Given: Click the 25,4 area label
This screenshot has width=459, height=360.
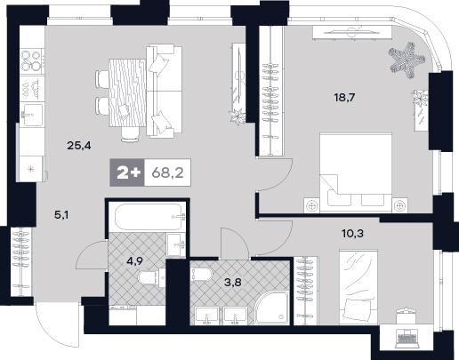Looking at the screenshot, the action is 79,146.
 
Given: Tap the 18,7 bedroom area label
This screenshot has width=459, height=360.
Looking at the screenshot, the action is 344,97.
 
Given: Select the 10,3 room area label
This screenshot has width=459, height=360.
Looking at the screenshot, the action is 352,234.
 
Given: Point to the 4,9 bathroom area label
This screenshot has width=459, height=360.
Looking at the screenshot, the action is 134,261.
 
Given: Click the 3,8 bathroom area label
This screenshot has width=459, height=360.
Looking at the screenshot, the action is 233,282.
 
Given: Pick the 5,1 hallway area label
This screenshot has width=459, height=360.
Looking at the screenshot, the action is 61,215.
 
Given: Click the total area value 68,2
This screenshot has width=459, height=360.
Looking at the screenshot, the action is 167,172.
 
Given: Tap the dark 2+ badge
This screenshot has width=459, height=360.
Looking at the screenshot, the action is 127,172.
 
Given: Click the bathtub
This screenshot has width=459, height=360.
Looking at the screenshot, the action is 149,217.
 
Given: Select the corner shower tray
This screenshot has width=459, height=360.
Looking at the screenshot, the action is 272,308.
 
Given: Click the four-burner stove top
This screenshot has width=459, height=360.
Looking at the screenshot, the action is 31,60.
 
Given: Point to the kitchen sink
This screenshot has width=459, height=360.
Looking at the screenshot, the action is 31,114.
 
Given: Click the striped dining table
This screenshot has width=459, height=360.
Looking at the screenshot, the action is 127,92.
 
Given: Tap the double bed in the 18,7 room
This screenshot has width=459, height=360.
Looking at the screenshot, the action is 356,172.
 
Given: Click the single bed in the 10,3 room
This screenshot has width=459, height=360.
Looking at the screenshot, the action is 358,287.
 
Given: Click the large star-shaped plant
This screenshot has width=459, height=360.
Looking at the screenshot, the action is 407,60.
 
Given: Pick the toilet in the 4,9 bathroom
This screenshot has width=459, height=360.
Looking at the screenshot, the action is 151,277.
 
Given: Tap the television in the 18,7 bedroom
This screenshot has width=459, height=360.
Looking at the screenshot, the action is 352,31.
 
